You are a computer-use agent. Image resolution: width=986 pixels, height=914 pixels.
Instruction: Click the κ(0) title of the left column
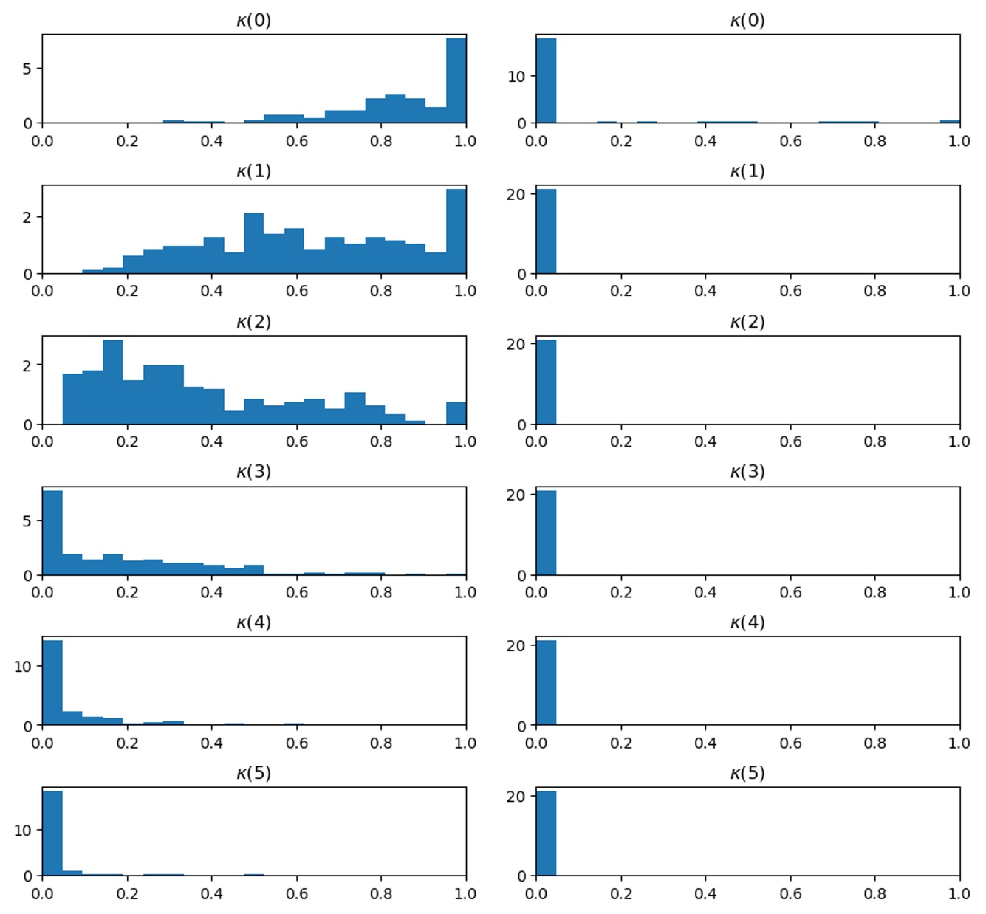[x=253, y=20]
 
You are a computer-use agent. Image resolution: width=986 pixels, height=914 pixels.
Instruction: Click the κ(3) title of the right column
[x=747, y=471]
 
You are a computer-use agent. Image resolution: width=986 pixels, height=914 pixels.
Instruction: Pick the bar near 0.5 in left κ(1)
[x=253, y=244]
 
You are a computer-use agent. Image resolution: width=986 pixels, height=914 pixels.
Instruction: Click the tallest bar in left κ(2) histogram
[x=113, y=382]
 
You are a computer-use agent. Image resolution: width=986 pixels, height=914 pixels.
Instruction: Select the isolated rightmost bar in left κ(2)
[x=456, y=413]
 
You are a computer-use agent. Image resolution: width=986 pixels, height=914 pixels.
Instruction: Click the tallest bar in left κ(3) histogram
[x=52, y=533]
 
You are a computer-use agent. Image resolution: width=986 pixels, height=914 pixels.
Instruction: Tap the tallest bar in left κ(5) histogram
[x=52, y=834]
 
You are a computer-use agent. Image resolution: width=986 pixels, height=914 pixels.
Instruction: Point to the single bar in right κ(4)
[x=546, y=683]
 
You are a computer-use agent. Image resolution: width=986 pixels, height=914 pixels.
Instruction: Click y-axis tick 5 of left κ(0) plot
[x=27, y=69]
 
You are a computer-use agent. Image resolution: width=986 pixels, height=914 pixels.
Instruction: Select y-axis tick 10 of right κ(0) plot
[x=516, y=76]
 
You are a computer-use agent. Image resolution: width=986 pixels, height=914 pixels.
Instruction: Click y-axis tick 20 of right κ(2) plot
[x=516, y=344]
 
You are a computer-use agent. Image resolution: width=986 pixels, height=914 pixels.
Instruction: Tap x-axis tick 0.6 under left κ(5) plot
[x=296, y=893]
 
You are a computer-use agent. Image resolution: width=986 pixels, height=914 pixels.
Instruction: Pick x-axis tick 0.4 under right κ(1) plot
[x=705, y=291]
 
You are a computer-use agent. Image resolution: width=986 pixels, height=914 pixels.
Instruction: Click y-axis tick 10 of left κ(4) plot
[x=23, y=666]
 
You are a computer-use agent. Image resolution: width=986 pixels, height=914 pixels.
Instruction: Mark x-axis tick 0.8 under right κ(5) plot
[x=874, y=893]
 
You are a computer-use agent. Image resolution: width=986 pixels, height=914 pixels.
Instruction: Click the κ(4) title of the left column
[x=253, y=622]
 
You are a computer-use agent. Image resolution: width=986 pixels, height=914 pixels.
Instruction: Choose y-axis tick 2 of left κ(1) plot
[x=27, y=218]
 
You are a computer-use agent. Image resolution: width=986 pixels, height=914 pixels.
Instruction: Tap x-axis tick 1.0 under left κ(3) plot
[x=465, y=592]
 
